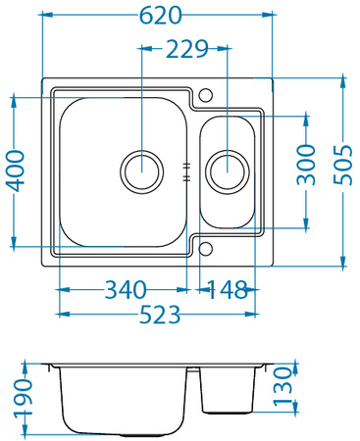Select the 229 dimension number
pyautogui.click(x=185, y=48)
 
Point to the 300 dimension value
pyautogui.click(x=306, y=165)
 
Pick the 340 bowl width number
pyautogui.click(x=125, y=290)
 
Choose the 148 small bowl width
pyautogui.click(x=228, y=290)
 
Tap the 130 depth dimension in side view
pyautogui.click(x=283, y=388)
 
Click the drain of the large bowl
pyautogui.click(x=141, y=169)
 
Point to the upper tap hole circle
pyautogui.click(x=205, y=95)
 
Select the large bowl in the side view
pyautogui.click(x=124, y=400)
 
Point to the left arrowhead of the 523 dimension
pyautogui.click(x=62, y=315)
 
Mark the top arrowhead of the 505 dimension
pyautogui.click(x=342, y=78)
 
